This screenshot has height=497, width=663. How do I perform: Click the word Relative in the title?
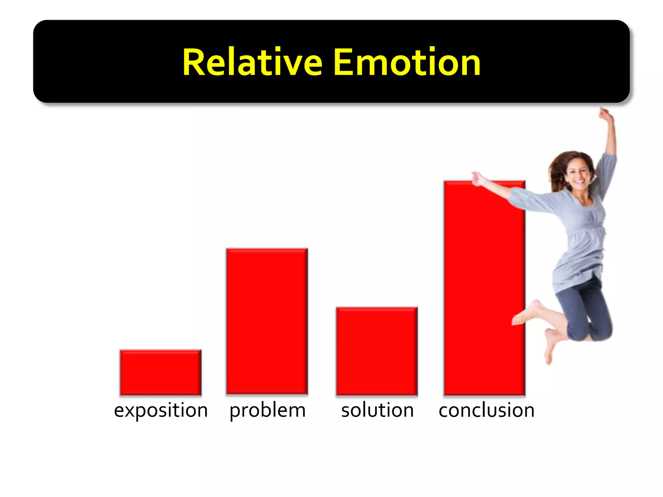(253, 62)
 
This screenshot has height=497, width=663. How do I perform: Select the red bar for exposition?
(161, 373)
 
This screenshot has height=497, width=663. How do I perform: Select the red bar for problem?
(267, 322)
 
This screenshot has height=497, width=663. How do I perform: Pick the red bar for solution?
(377, 351)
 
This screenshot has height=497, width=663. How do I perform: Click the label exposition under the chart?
(161, 410)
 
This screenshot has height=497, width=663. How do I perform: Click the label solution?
(377, 410)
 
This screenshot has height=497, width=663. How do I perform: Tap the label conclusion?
(486, 410)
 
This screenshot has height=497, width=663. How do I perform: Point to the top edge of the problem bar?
(267, 249)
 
